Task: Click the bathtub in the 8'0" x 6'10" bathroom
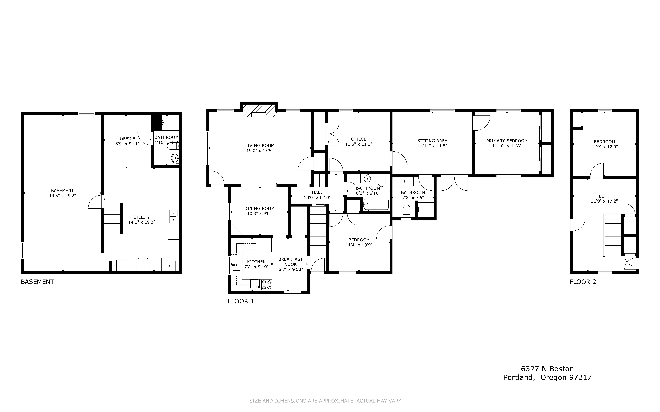(376, 204)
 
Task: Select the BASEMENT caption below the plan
(37, 282)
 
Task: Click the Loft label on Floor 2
(604, 196)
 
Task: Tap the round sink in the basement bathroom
(175, 158)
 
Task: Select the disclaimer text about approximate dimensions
(325, 401)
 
